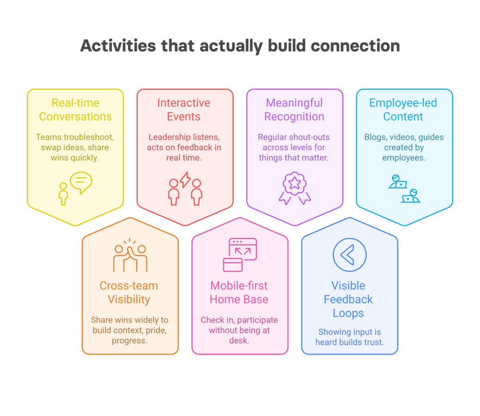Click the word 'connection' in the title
click(x=355, y=46)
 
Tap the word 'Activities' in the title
click(x=118, y=46)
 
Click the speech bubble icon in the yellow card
click(x=81, y=182)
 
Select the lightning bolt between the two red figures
click(x=185, y=180)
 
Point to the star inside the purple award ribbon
click(x=294, y=183)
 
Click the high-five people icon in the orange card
click(x=130, y=255)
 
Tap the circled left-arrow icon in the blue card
click(x=350, y=255)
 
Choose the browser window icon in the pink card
click(x=240, y=255)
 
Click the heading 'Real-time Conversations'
click(x=75, y=110)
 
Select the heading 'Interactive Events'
click(x=184, y=110)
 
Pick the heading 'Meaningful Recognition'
click(x=294, y=110)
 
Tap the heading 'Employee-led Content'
click(x=403, y=110)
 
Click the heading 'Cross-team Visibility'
click(x=129, y=293)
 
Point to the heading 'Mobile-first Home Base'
click(x=239, y=293)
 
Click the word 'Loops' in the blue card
click(x=348, y=313)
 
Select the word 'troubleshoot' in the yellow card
click(x=86, y=137)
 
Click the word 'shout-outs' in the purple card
click(x=310, y=137)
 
